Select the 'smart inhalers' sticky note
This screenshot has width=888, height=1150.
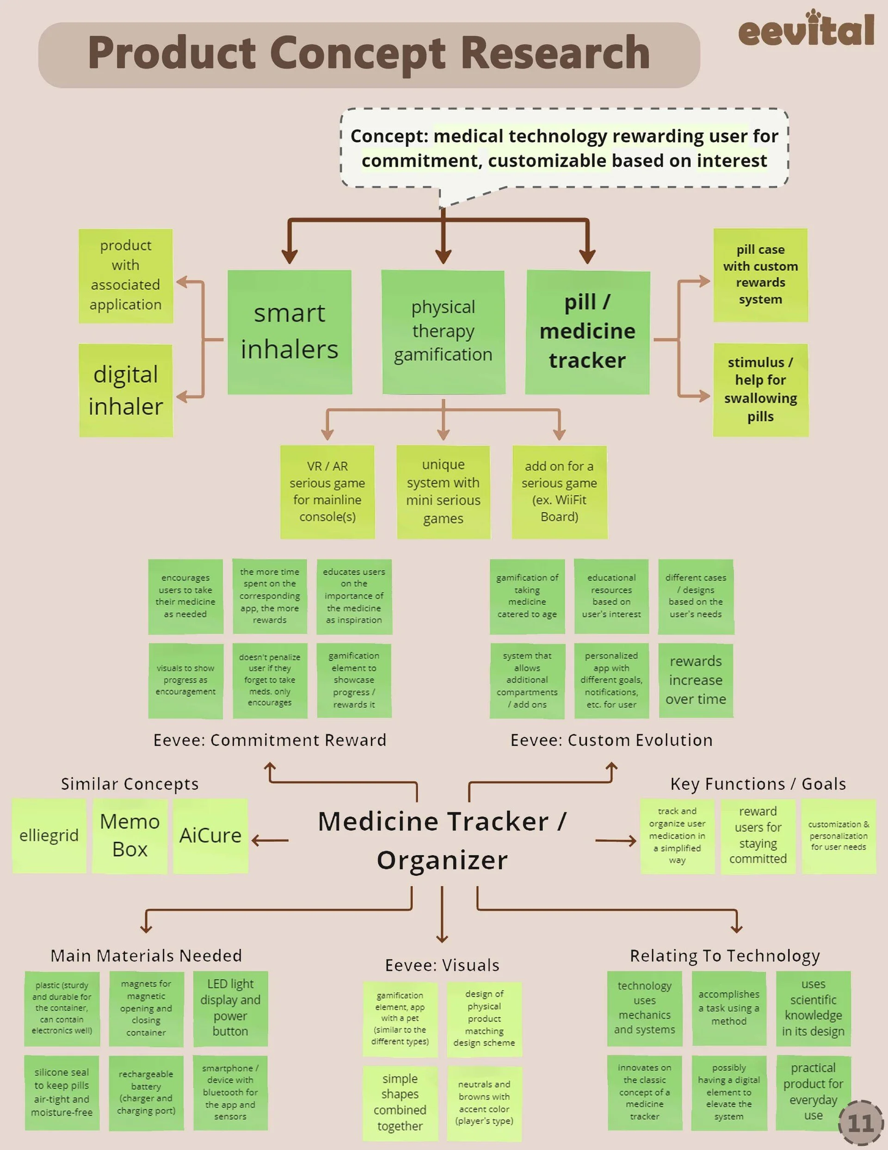tap(290, 332)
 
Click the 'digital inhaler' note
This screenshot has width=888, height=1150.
tap(126, 390)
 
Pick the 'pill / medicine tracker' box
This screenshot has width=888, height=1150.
tap(587, 332)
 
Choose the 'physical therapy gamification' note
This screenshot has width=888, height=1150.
tap(443, 332)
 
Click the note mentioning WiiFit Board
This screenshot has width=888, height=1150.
tap(559, 492)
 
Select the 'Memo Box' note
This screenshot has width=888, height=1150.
tap(129, 836)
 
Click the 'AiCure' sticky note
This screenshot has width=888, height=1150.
tap(210, 836)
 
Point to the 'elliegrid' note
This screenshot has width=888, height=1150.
tap(49, 836)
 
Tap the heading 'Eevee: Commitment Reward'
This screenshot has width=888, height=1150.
tap(270, 740)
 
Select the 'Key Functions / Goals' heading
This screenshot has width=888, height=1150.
tap(758, 784)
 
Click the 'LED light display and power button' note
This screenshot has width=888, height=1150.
tap(230, 1008)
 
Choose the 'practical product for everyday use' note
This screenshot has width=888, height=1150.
tap(813, 1092)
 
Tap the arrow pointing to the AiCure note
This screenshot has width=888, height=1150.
tap(270, 840)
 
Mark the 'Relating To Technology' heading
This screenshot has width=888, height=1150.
tap(725, 956)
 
